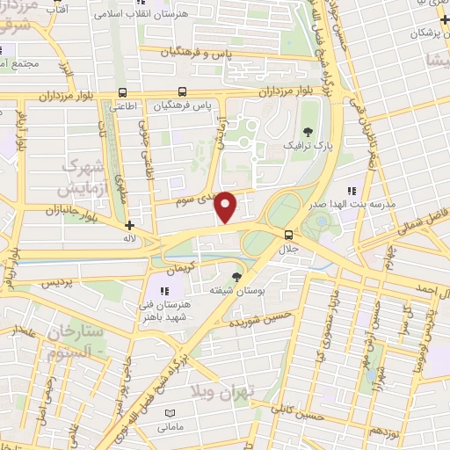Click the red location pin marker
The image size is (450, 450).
[x=227, y=206]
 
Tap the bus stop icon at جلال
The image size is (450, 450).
[x=288, y=233]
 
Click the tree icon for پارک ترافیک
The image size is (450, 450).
[x=307, y=131]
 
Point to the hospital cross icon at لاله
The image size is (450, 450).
[x=130, y=224]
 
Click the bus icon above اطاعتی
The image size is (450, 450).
[x=122, y=91]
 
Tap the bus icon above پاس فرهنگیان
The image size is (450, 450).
[x=182, y=91]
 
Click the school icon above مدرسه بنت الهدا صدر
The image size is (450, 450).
[x=352, y=190]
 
